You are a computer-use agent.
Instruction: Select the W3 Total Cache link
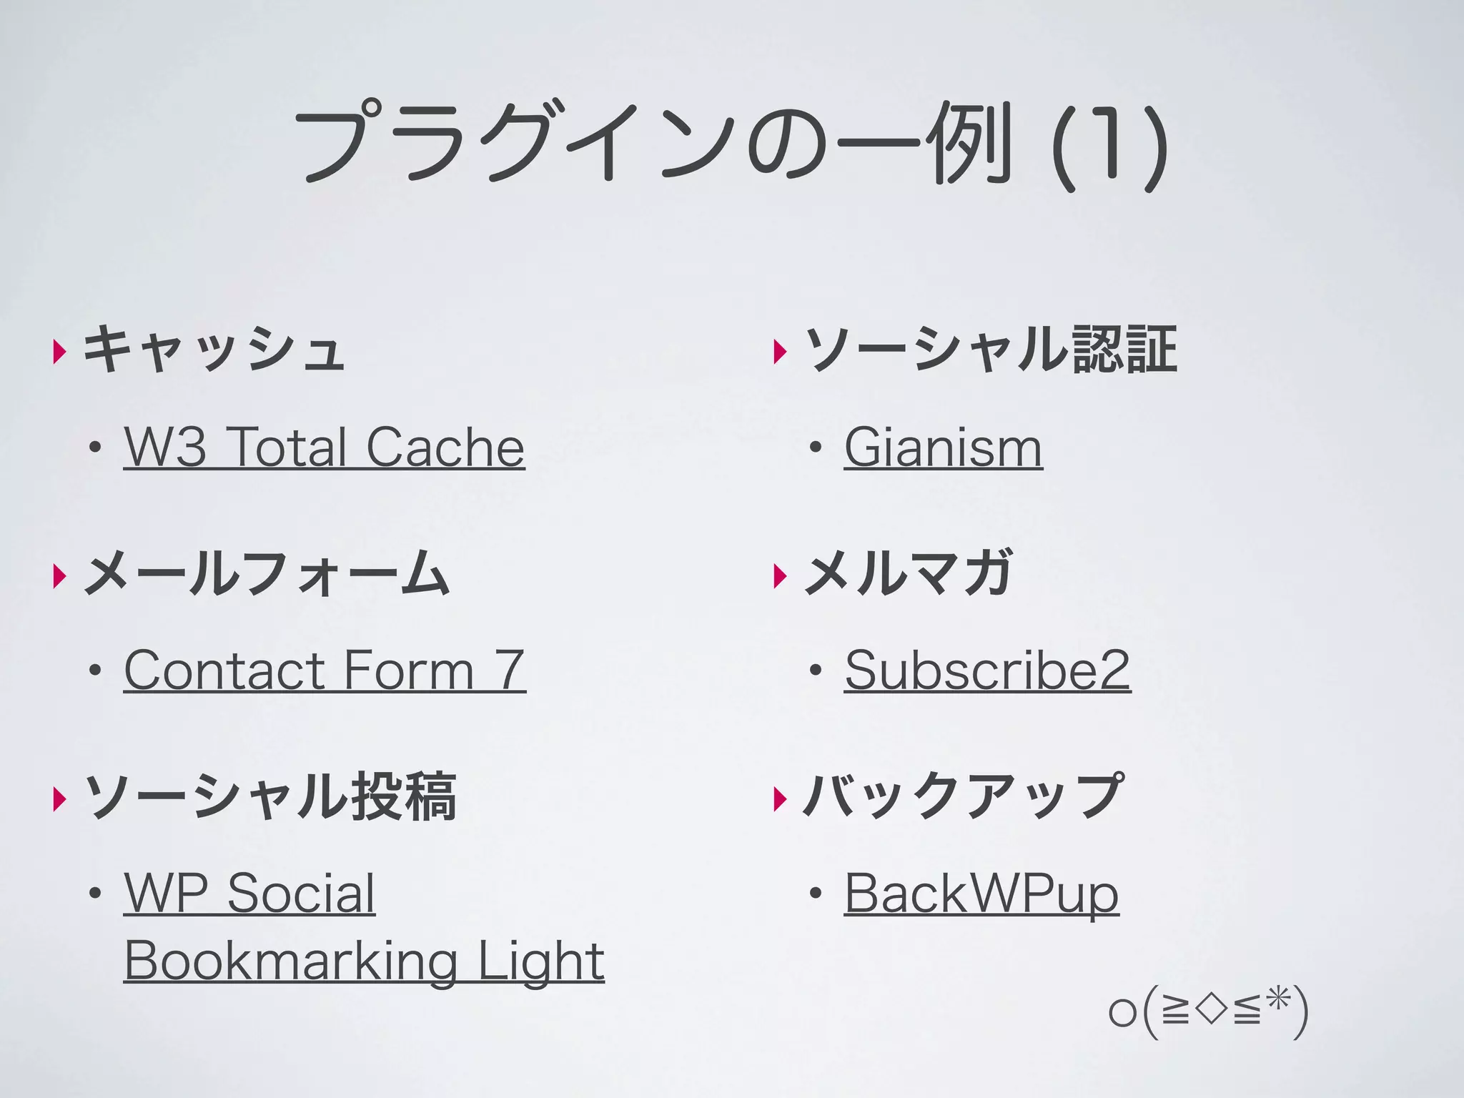tap(324, 447)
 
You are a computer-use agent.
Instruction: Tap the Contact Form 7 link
tap(325, 671)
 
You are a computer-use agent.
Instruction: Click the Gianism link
tap(943, 447)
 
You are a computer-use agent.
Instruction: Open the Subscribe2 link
tap(987, 671)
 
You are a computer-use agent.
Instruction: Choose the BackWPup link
tap(981, 894)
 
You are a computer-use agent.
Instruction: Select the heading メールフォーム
tap(267, 573)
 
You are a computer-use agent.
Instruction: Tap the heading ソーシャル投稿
tap(270, 796)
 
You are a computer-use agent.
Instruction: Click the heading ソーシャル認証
tap(991, 350)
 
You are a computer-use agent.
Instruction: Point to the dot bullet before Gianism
tap(815, 449)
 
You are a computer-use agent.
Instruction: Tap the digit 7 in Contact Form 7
tap(511, 671)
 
